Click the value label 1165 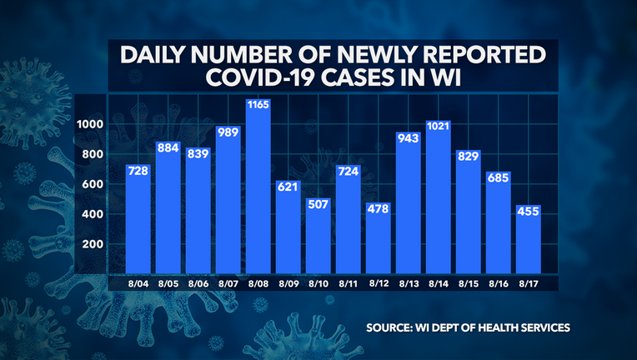(259, 107)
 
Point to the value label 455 (529, 212)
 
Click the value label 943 (409, 139)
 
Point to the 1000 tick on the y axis (89, 124)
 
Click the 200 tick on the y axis (92, 244)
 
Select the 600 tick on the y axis (92, 184)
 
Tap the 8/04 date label (139, 283)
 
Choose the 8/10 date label (319, 283)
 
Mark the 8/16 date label (499, 283)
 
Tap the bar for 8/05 (169, 209)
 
